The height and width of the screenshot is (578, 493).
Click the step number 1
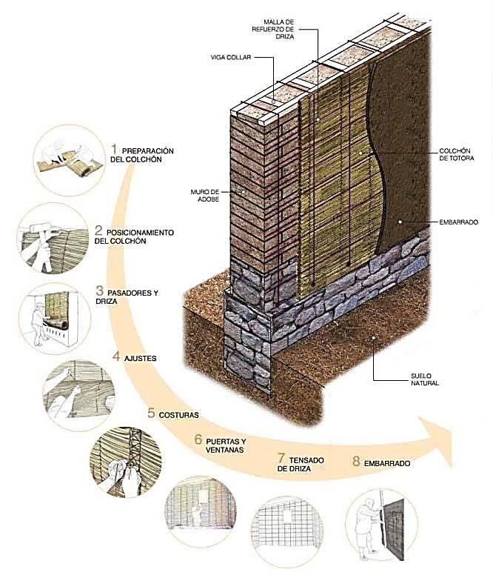pos(115,150)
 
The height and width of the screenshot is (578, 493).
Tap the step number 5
pos(151,413)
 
